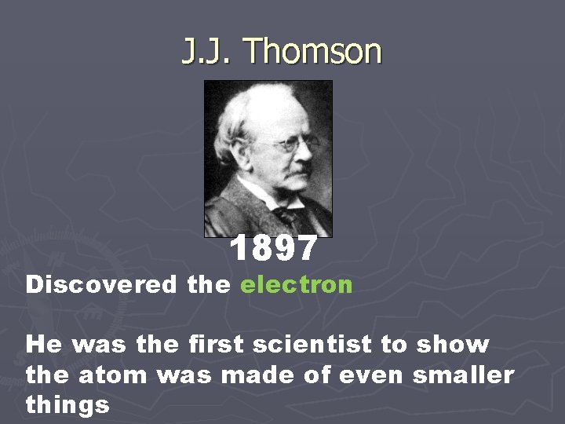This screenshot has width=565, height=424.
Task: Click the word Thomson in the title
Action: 313,53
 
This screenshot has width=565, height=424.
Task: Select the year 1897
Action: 274,249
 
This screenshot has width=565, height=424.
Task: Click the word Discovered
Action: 101,285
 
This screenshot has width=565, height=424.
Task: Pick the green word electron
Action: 297,285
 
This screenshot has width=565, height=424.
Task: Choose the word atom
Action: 112,375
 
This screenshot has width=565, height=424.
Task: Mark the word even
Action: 365,375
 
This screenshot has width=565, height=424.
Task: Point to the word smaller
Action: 464,375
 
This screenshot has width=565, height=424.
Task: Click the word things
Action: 67,404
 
